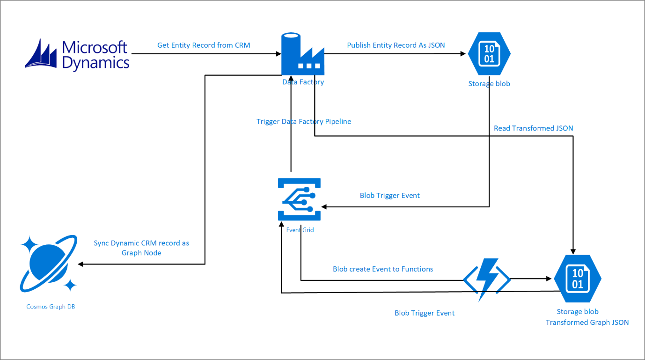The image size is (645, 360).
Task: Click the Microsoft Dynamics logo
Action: click(x=77, y=55)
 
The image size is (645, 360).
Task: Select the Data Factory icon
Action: click(x=303, y=54)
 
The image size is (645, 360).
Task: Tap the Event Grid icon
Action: click(x=299, y=199)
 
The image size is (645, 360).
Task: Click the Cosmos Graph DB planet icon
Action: click(x=48, y=264)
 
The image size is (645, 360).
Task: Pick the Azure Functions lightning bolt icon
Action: click(x=487, y=279)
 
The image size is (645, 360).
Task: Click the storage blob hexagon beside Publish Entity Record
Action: click(x=489, y=53)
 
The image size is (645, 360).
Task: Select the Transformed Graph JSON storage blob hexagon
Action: click(x=578, y=279)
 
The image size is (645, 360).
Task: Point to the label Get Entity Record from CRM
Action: click(x=204, y=45)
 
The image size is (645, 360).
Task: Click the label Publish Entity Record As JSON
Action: click(x=396, y=45)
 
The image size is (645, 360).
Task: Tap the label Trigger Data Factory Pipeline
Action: click(x=304, y=122)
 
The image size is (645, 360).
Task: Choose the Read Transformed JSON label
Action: click(x=534, y=128)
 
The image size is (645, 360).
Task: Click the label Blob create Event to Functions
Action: click(x=383, y=269)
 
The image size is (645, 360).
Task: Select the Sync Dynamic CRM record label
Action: click(x=141, y=248)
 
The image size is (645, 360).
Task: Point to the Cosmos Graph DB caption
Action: click(x=51, y=307)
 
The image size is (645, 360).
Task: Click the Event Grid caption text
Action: click(x=300, y=230)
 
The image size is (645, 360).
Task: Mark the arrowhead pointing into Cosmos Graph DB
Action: click(x=81, y=264)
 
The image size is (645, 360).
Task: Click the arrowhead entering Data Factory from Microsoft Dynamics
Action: click(x=279, y=53)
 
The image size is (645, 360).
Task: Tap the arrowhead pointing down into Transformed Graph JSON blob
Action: click(x=573, y=252)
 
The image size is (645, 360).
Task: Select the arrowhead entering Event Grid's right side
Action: click(x=324, y=207)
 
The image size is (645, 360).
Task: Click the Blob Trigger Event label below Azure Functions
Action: click(x=425, y=313)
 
